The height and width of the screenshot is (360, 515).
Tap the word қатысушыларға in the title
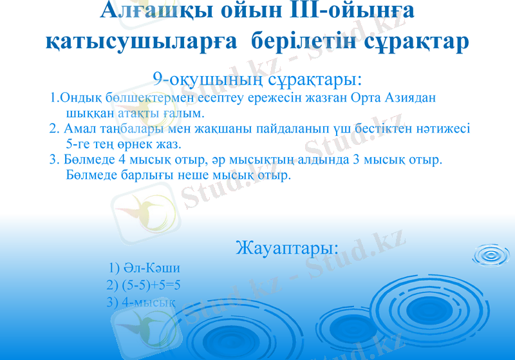pyautogui.click(x=142, y=41)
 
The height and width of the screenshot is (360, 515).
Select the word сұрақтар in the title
pyautogui.click(x=407, y=41)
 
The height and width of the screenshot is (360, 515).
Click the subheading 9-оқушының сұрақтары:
pyautogui.click(x=257, y=79)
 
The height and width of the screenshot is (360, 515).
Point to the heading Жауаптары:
pyautogui.click(x=287, y=247)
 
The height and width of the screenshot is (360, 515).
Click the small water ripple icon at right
pyautogui.click(x=491, y=255)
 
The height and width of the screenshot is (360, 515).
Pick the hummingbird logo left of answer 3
pyautogui.click(x=145, y=322)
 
